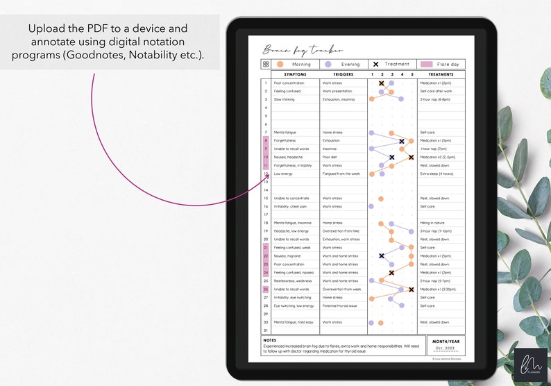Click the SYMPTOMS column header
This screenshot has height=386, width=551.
click(295, 74)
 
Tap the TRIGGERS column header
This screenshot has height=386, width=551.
click(343, 74)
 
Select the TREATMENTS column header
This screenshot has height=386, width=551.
click(441, 74)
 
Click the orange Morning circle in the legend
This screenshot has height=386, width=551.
click(280, 64)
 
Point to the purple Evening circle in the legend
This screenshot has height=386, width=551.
click(328, 64)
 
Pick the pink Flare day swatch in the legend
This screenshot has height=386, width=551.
click(427, 64)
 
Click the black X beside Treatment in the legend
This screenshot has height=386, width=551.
click(375, 64)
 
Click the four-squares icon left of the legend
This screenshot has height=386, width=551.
click(266, 64)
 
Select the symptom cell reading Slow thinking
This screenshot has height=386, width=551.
click(284, 99)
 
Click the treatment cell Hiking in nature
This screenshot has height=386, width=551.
click(434, 223)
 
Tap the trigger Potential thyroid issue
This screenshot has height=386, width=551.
click(340, 305)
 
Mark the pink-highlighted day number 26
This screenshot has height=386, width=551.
click(266, 289)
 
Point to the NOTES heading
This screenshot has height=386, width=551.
click(270, 340)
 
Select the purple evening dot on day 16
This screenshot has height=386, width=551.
click(371, 206)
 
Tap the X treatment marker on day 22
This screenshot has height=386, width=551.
click(382, 256)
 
